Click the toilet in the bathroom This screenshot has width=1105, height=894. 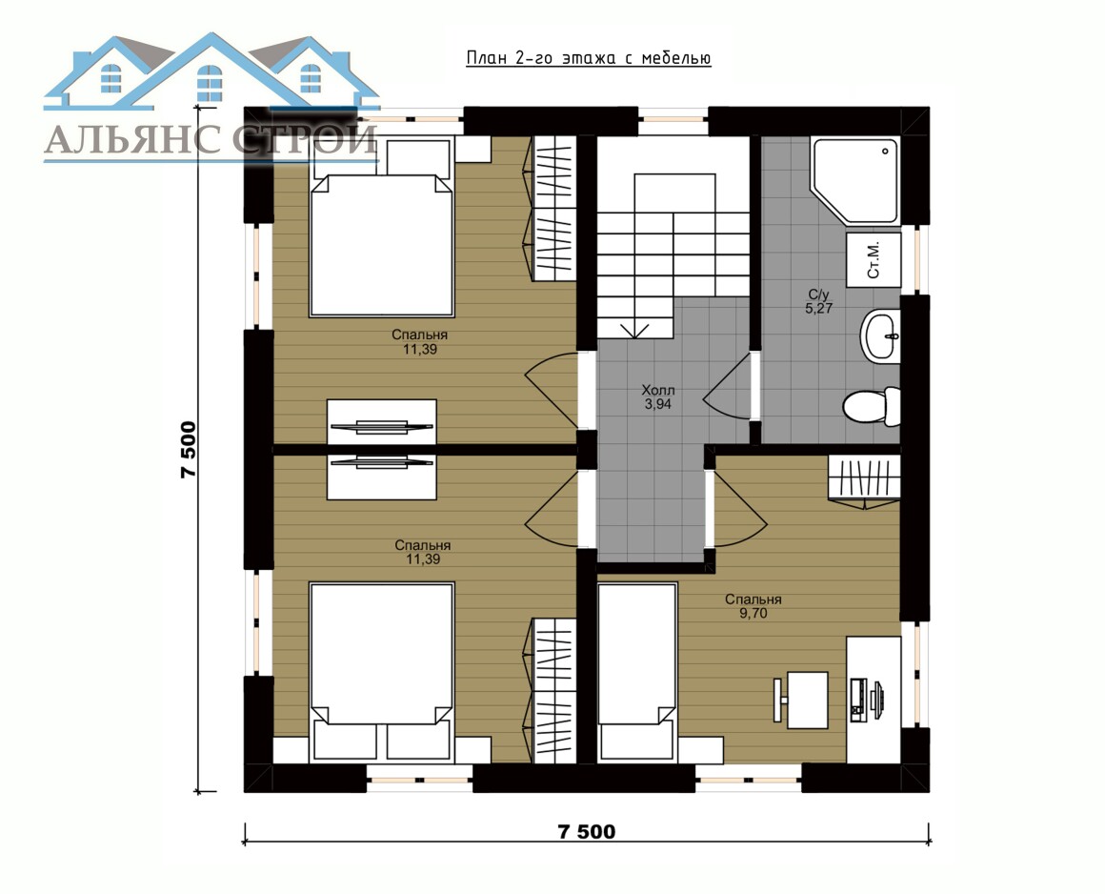point(871,405)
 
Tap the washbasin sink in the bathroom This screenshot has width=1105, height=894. point(880,336)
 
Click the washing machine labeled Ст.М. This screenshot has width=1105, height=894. point(874,259)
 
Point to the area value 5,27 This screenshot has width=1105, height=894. point(818,308)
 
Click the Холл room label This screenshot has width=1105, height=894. point(657,390)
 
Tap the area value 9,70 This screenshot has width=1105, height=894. point(753,614)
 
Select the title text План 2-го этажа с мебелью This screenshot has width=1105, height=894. point(589,58)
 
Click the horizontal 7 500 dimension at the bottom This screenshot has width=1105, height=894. point(587,832)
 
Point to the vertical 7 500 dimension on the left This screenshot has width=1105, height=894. point(189,450)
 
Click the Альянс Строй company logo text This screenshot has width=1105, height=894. point(211,139)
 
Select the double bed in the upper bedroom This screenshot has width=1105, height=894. point(381,227)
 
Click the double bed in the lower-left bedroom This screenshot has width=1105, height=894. point(381,672)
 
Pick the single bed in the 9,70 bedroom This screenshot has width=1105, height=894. point(637,672)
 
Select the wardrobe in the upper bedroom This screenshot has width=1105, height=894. point(552,210)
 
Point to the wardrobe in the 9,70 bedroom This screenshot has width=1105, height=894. point(864,479)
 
